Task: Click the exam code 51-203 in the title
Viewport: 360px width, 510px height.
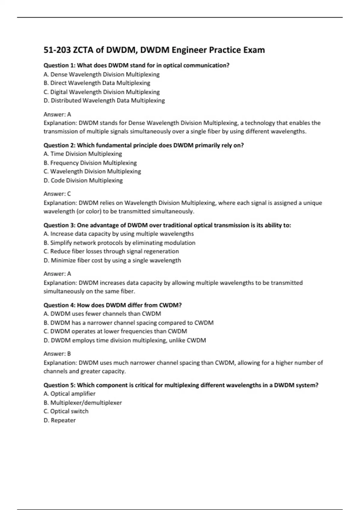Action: click(x=57, y=50)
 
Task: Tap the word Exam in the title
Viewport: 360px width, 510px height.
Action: click(x=254, y=50)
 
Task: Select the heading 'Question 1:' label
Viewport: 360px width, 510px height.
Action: click(x=59, y=65)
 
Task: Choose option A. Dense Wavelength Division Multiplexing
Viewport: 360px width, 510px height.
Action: click(x=101, y=74)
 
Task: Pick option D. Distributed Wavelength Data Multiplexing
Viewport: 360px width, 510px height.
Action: click(x=104, y=100)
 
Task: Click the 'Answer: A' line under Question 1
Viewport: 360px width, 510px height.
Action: click(x=57, y=114)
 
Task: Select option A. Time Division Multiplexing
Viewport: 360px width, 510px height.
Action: click(x=83, y=154)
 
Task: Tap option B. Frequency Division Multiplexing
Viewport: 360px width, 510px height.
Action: click(x=90, y=163)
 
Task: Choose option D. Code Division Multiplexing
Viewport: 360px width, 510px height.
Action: click(x=83, y=180)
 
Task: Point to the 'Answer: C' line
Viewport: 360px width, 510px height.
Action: click(x=57, y=194)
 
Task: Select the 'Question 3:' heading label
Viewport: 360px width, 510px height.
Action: click(x=59, y=225)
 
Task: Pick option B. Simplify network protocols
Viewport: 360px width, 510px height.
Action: click(x=119, y=243)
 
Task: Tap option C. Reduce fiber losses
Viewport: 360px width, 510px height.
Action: click(x=111, y=251)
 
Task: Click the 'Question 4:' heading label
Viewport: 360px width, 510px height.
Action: click(x=59, y=305)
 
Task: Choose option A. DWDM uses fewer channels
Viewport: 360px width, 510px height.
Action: click(x=102, y=314)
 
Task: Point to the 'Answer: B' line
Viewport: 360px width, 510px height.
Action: click(x=57, y=354)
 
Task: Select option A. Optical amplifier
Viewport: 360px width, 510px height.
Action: click(x=69, y=394)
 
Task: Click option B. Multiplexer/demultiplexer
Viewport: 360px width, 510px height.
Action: click(x=83, y=403)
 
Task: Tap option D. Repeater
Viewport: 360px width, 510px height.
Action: click(x=59, y=420)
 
